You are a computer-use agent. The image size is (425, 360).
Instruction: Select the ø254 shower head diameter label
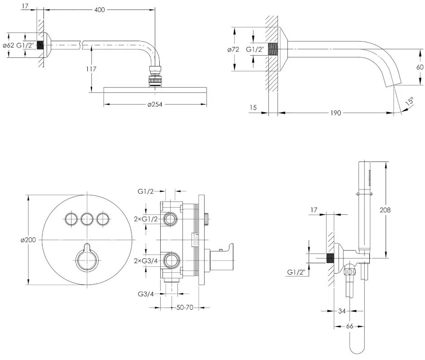155,105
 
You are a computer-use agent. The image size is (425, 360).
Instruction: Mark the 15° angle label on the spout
409,102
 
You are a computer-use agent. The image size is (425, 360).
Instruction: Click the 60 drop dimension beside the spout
420,67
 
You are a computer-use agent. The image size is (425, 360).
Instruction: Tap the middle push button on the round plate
86,219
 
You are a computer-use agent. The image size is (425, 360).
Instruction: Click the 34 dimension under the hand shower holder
342,311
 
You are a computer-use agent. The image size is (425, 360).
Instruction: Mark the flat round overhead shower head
155,90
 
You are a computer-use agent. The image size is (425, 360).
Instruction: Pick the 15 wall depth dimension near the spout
253,107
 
